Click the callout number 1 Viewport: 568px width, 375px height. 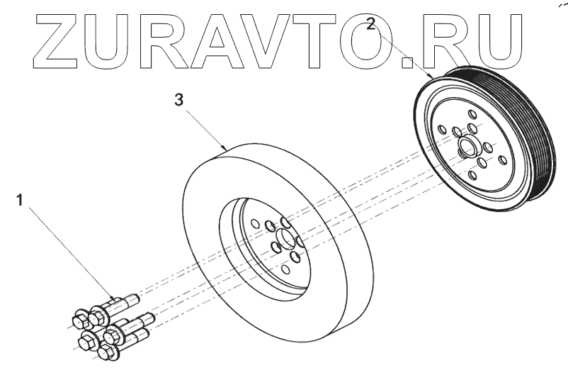click(x=21, y=201)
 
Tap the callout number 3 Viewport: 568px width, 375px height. click(x=179, y=100)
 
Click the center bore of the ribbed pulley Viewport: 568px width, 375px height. click(x=468, y=149)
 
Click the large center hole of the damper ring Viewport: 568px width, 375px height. click(x=285, y=239)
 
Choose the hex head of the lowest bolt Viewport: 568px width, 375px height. click(x=108, y=353)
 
